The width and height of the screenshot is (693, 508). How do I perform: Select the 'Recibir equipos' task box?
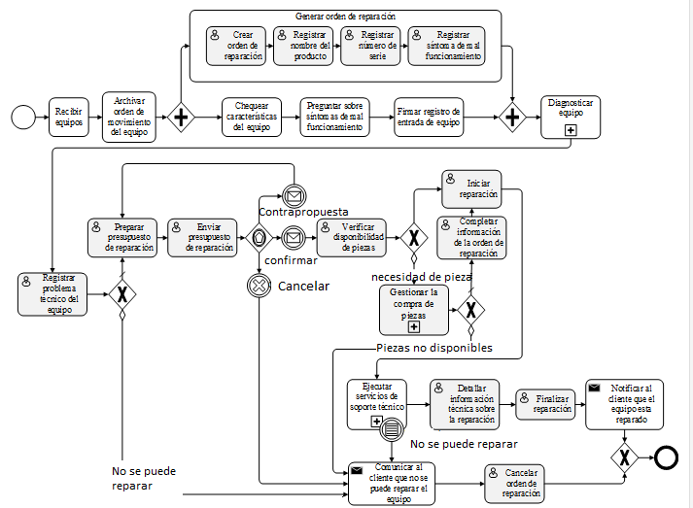point(69,118)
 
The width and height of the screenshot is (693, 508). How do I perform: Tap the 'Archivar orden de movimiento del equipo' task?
point(129,118)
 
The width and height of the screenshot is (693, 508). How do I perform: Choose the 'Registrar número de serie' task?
point(370,46)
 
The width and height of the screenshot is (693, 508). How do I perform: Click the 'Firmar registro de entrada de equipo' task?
point(429,118)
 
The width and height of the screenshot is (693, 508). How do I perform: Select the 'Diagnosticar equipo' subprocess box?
point(571,118)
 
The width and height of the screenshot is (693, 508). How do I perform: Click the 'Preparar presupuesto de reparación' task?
point(121,237)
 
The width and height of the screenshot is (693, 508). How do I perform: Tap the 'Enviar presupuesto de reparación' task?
point(202,237)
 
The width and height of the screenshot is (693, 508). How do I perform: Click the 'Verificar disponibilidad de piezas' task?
point(352,237)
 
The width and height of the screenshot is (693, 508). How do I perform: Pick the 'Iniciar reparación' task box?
point(471,187)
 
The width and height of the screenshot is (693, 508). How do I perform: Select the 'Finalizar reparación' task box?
point(546,403)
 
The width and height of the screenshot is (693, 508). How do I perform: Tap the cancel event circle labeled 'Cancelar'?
point(260,286)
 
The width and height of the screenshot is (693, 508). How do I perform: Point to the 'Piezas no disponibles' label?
point(434,348)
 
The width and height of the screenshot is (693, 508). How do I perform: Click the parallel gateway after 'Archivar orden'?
point(181,118)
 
